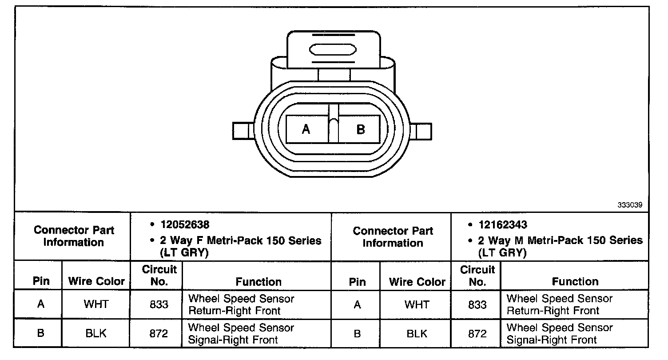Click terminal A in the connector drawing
[x=307, y=129]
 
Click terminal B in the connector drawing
[x=359, y=129]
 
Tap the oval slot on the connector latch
[x=333, y=49]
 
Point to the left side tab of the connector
[x=243, y=131]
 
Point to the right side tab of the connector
[x=421, y=132]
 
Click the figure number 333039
[x=630, y=205]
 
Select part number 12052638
[x=185, y=224]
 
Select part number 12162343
[x=503, y=224]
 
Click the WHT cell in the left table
[x=96, y=304]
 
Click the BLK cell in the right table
[x=417, y=333]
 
